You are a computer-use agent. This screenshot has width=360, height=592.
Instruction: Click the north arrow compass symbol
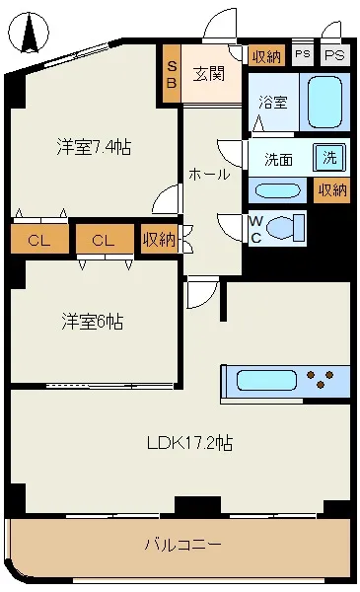click(29, 34)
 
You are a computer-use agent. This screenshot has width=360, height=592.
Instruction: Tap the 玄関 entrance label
click(209, 74)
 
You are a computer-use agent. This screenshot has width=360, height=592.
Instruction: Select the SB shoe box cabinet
click(172, 74)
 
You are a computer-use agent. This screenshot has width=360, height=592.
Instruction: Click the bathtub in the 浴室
click(324, 102)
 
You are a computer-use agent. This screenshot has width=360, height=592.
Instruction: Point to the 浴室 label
click(273, 103)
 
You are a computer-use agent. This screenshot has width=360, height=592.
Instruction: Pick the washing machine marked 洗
click(329, 157)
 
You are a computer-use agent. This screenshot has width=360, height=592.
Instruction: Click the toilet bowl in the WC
click(285, 228)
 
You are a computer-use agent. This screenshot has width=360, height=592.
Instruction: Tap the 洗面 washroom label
click(278, 159)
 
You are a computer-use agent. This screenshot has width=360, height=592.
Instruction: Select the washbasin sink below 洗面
click(277, 190)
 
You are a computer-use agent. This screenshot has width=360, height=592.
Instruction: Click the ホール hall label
click(209, 174)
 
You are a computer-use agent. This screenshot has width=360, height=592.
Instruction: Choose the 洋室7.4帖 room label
click(94, 147)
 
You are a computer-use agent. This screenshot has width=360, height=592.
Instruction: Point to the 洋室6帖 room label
click(93, 322)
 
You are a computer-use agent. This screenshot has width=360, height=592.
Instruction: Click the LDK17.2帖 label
click(189, 443)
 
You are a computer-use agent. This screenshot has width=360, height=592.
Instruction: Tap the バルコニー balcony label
click(183, 545)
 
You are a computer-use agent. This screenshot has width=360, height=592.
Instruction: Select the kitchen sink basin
click(266, 380)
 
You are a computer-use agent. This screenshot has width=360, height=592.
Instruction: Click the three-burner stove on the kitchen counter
click(321, 379)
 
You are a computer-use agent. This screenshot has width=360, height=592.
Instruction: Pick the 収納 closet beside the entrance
click(266, 56)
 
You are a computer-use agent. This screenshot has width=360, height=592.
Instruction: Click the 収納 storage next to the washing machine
click(331, 189)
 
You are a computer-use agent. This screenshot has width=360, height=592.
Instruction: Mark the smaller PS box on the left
click(303, 54)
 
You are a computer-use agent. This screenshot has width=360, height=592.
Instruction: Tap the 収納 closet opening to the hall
click(159, 239)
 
